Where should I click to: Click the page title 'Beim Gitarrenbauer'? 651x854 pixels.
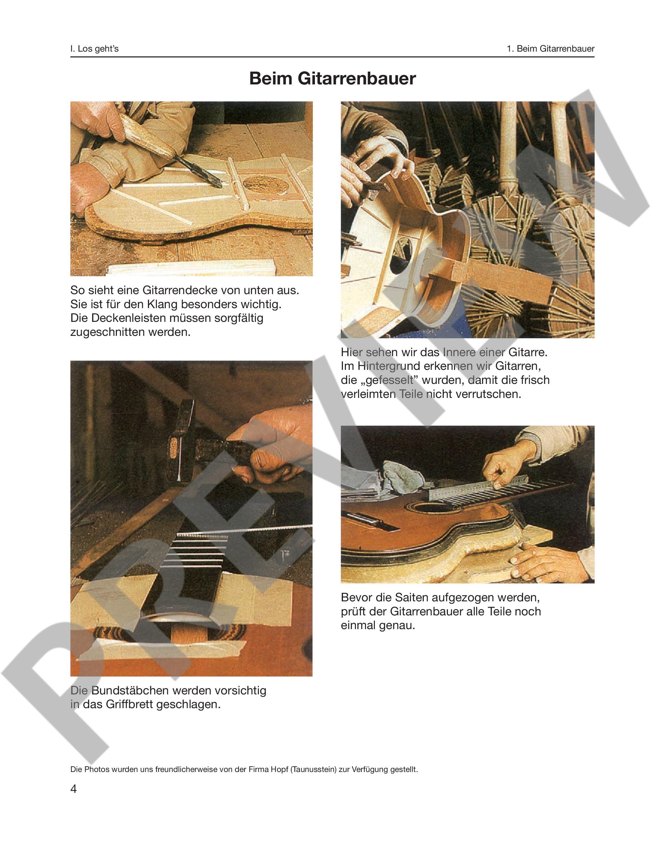click(333, 78)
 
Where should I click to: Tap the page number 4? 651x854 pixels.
click(74, 789)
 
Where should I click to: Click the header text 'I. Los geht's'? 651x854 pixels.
click(95, 49)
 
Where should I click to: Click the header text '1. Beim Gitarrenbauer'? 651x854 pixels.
click(551, 49)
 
